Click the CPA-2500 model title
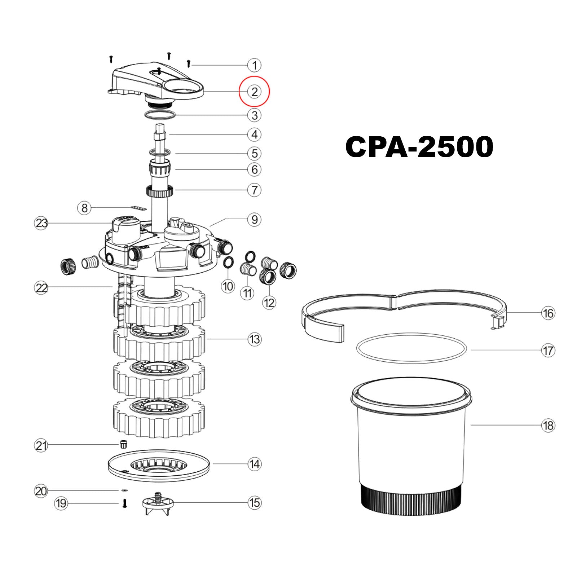click(x=419, y=147)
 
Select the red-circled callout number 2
click(x=254, y=92)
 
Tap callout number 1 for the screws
click(x=254, y=65)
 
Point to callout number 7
click(x=254, y=190)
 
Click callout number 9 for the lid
click(x=254, y=219)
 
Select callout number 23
click(x=41, y=223)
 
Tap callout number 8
click(x=84, y=208)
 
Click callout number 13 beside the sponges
click(x=254, y=339)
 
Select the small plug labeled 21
click(x=123, y=444)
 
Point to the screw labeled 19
click(x=124, y=503)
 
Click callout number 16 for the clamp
click(x=548, y=313)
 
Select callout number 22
click(x=41, y=288)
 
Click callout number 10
click(x=228, y=286)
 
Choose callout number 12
click(x=269, y=303)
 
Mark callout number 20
click(x=41, y=491)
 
